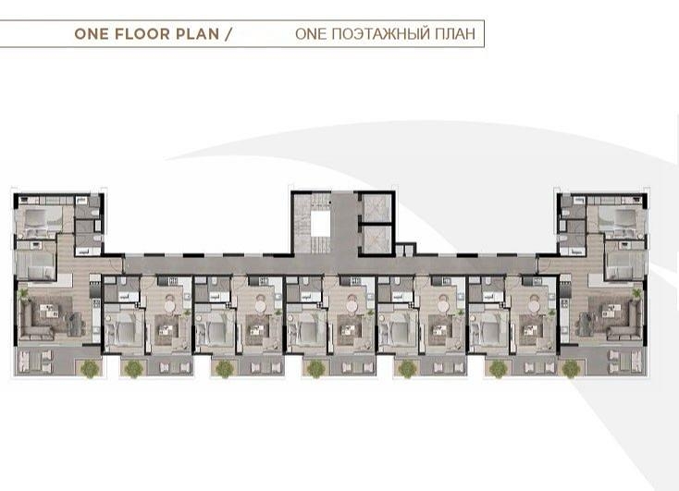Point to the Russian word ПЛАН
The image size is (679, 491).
(x=455, y=34)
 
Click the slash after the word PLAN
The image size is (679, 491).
(x=228, y=34)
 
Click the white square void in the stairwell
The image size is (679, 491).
(x=320, y=224)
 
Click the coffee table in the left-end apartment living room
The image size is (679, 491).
(x=48, y=311)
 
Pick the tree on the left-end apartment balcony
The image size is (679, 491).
(x=90, y=368)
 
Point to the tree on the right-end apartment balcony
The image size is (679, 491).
(x=571, y=368)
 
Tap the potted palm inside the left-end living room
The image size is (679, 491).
(x=22, y=294)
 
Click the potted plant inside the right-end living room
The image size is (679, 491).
(x=636, y=294)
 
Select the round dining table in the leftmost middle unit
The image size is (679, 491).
(x=169, y=306)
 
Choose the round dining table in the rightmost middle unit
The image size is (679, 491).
(x=534, y=306)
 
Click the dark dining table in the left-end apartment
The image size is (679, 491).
(x=75, y=323)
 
